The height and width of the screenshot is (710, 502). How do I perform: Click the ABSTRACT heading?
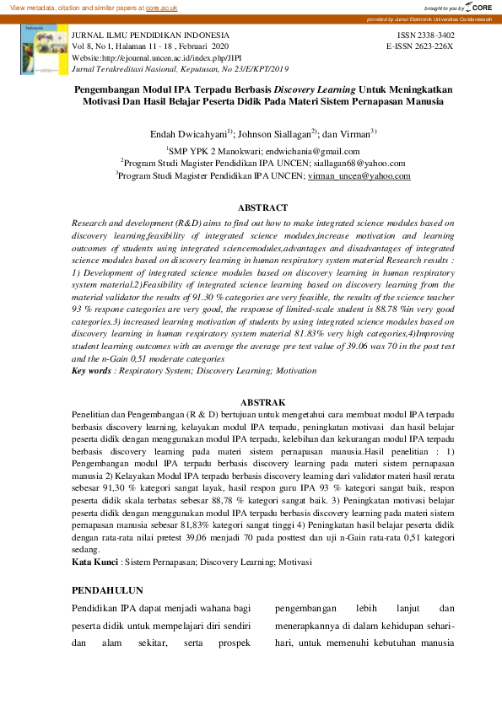262,207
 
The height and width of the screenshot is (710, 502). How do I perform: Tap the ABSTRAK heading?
262,403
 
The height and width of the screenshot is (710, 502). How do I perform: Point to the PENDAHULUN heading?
107,590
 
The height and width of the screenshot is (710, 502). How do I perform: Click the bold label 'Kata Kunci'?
94,561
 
